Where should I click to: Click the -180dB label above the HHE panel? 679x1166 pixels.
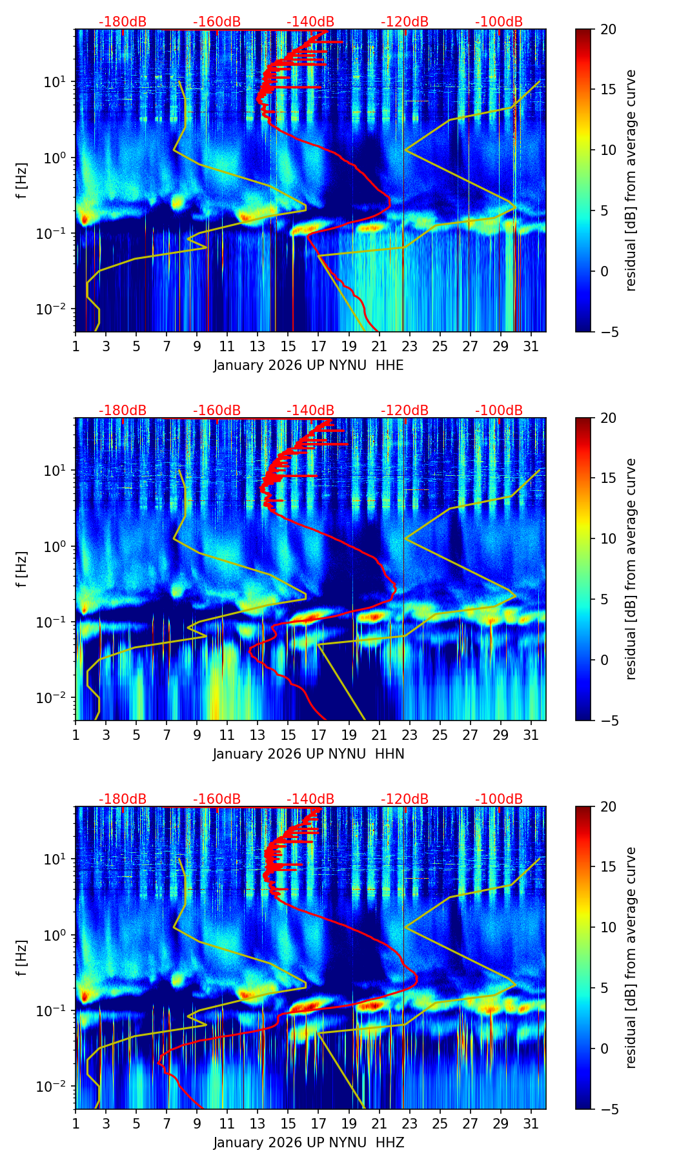pyautogui.click(x=123, y=22)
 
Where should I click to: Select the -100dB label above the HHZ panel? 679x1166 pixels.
pyautogui.click(x=499, y=799)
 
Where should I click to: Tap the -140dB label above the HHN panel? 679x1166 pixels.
pyautogui.click(x=310, y=411)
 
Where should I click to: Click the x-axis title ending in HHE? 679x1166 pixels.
pyautogui.click(x=309, y=365)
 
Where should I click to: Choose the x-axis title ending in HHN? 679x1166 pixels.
pyautogui.click(x=309, y=754)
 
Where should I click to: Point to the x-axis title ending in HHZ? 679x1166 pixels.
pyautogui.click(x=309, y=1143)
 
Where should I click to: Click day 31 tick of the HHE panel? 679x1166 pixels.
pyautogui.click(x=531, y=346)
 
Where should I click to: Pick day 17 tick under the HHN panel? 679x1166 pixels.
pyautogui.click(x=319, y=735)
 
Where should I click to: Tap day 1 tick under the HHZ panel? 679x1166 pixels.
pyautogui.click(x=76, y=1123)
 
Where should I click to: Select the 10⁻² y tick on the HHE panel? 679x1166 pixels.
pyautogui.click(x=57, y=309)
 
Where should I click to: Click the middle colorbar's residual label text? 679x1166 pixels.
pyautogui.click(x=631, y=569)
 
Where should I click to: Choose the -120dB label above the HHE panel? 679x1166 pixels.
pyautogui.click(x=405, y=22)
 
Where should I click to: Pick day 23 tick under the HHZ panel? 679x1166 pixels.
pyautogui.click(x=410, y=1123)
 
